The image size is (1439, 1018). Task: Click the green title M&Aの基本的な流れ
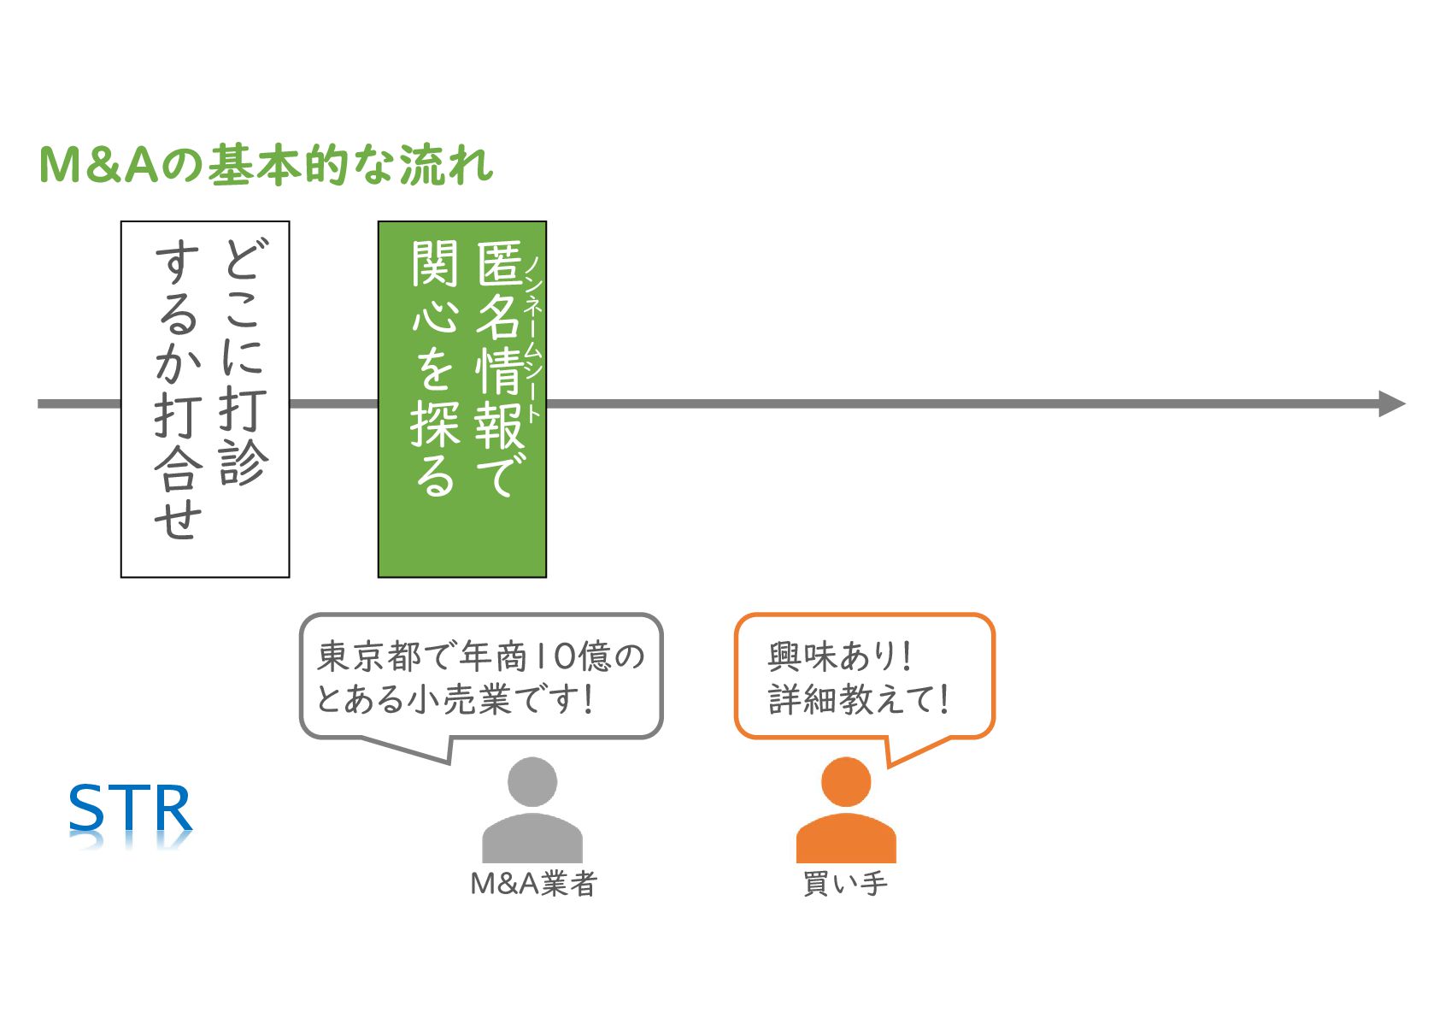pyautogui.click(x=266, y=165)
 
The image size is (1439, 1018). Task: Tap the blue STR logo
pyautogui.click(x=131, y=809)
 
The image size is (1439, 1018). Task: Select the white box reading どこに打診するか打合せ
pyautogui.click(x=205, y=399)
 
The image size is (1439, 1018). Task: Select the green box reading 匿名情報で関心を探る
pyautogui.click(x=461, y=399)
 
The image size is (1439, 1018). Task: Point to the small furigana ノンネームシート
pyautogui.click(x=533, y=338)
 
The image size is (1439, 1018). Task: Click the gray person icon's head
pyautogui.click(x=532, y=781)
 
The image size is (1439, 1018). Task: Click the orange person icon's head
pyautogui.click(x=846, y=781)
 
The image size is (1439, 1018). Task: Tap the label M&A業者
pyautogui.click(x=533, y=884)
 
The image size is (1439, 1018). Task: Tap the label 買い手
pyautogui.click(x=845, y=884)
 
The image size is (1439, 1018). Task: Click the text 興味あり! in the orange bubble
pyautogui.click(x=839, y=656)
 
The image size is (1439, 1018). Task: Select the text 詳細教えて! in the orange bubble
pyautogui.click(x=858, y=699)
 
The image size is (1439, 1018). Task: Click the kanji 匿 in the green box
pyautogui.click(x=500, y=263)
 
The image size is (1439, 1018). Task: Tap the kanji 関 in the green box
pyautogui.click(x=436, y=263)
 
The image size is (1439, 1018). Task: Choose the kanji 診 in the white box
pyautogui.click(x=244, y=462)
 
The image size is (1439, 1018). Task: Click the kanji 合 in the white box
pyautogui.click(x=179, y=468)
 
